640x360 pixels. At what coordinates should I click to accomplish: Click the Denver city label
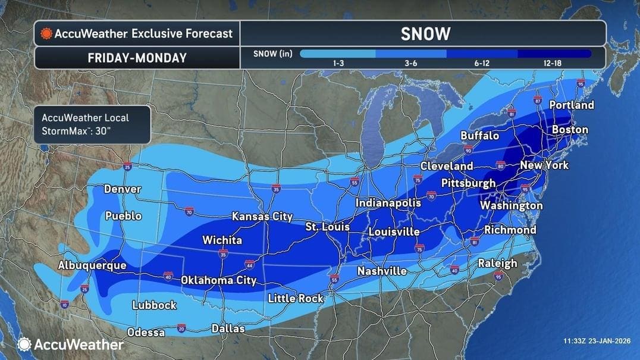tap(123, 189)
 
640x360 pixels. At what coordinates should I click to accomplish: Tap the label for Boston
tap(570, 130)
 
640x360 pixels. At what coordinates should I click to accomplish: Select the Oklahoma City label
tap(218, 280)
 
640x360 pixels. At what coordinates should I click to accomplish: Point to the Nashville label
tap(382, 271)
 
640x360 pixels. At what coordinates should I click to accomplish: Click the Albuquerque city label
tap(92, 265)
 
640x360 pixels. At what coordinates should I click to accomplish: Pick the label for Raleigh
tap(497, 263)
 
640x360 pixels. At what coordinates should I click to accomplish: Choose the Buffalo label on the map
tap(479, 136)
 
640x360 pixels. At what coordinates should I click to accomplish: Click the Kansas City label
tap(262, 217)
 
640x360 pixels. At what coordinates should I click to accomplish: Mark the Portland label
tap(571, 105)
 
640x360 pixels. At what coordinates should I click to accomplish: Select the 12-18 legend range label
tap(553, 62)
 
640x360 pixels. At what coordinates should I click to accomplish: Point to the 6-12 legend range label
tap(481, 62)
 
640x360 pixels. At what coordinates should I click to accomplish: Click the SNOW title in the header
tap(425, 34)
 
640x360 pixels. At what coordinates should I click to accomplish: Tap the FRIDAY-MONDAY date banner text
tap(137, 58)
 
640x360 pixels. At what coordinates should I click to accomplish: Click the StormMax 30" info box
tap(92, 124)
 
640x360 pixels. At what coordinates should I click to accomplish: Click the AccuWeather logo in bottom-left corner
tap(71, 344)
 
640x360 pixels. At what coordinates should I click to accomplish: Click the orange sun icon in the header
tap(46, 33)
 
